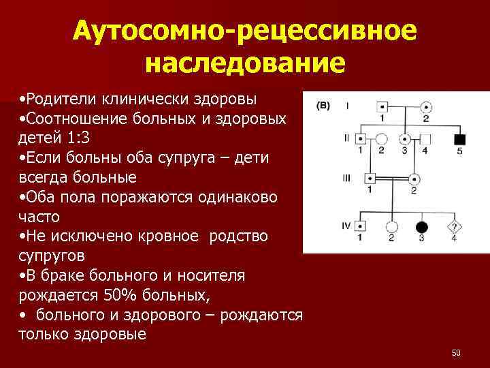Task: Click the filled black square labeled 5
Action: pyautogui.click(x=460, y=139)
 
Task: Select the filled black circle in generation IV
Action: pyautogui.click(x=422, y=227)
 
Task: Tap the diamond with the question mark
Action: pyautogui.click(x=454, y=227)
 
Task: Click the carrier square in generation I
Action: pyautogui.click(x=382, y=107)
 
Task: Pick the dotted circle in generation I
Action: pyautogui.click(x=426, y=107)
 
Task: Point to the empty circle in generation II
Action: pyautogui.click(x=382, y=139)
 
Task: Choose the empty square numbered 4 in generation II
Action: pyautogui.click(x=425, y=139)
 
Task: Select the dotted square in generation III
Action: pyautogui.click(x=371, y=179)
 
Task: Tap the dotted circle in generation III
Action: pyautogui.click(x=414, y=179)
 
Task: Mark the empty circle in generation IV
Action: pyautogui.click(x=391, y=227)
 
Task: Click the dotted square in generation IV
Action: pyautogui.click(x=361, y=227)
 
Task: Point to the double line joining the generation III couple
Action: pyautogui.click(x=392, y=179)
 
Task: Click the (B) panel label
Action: pyautogui.click(x=323, y=106)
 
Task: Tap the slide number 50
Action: pyautogui.click(x=456, y=352)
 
